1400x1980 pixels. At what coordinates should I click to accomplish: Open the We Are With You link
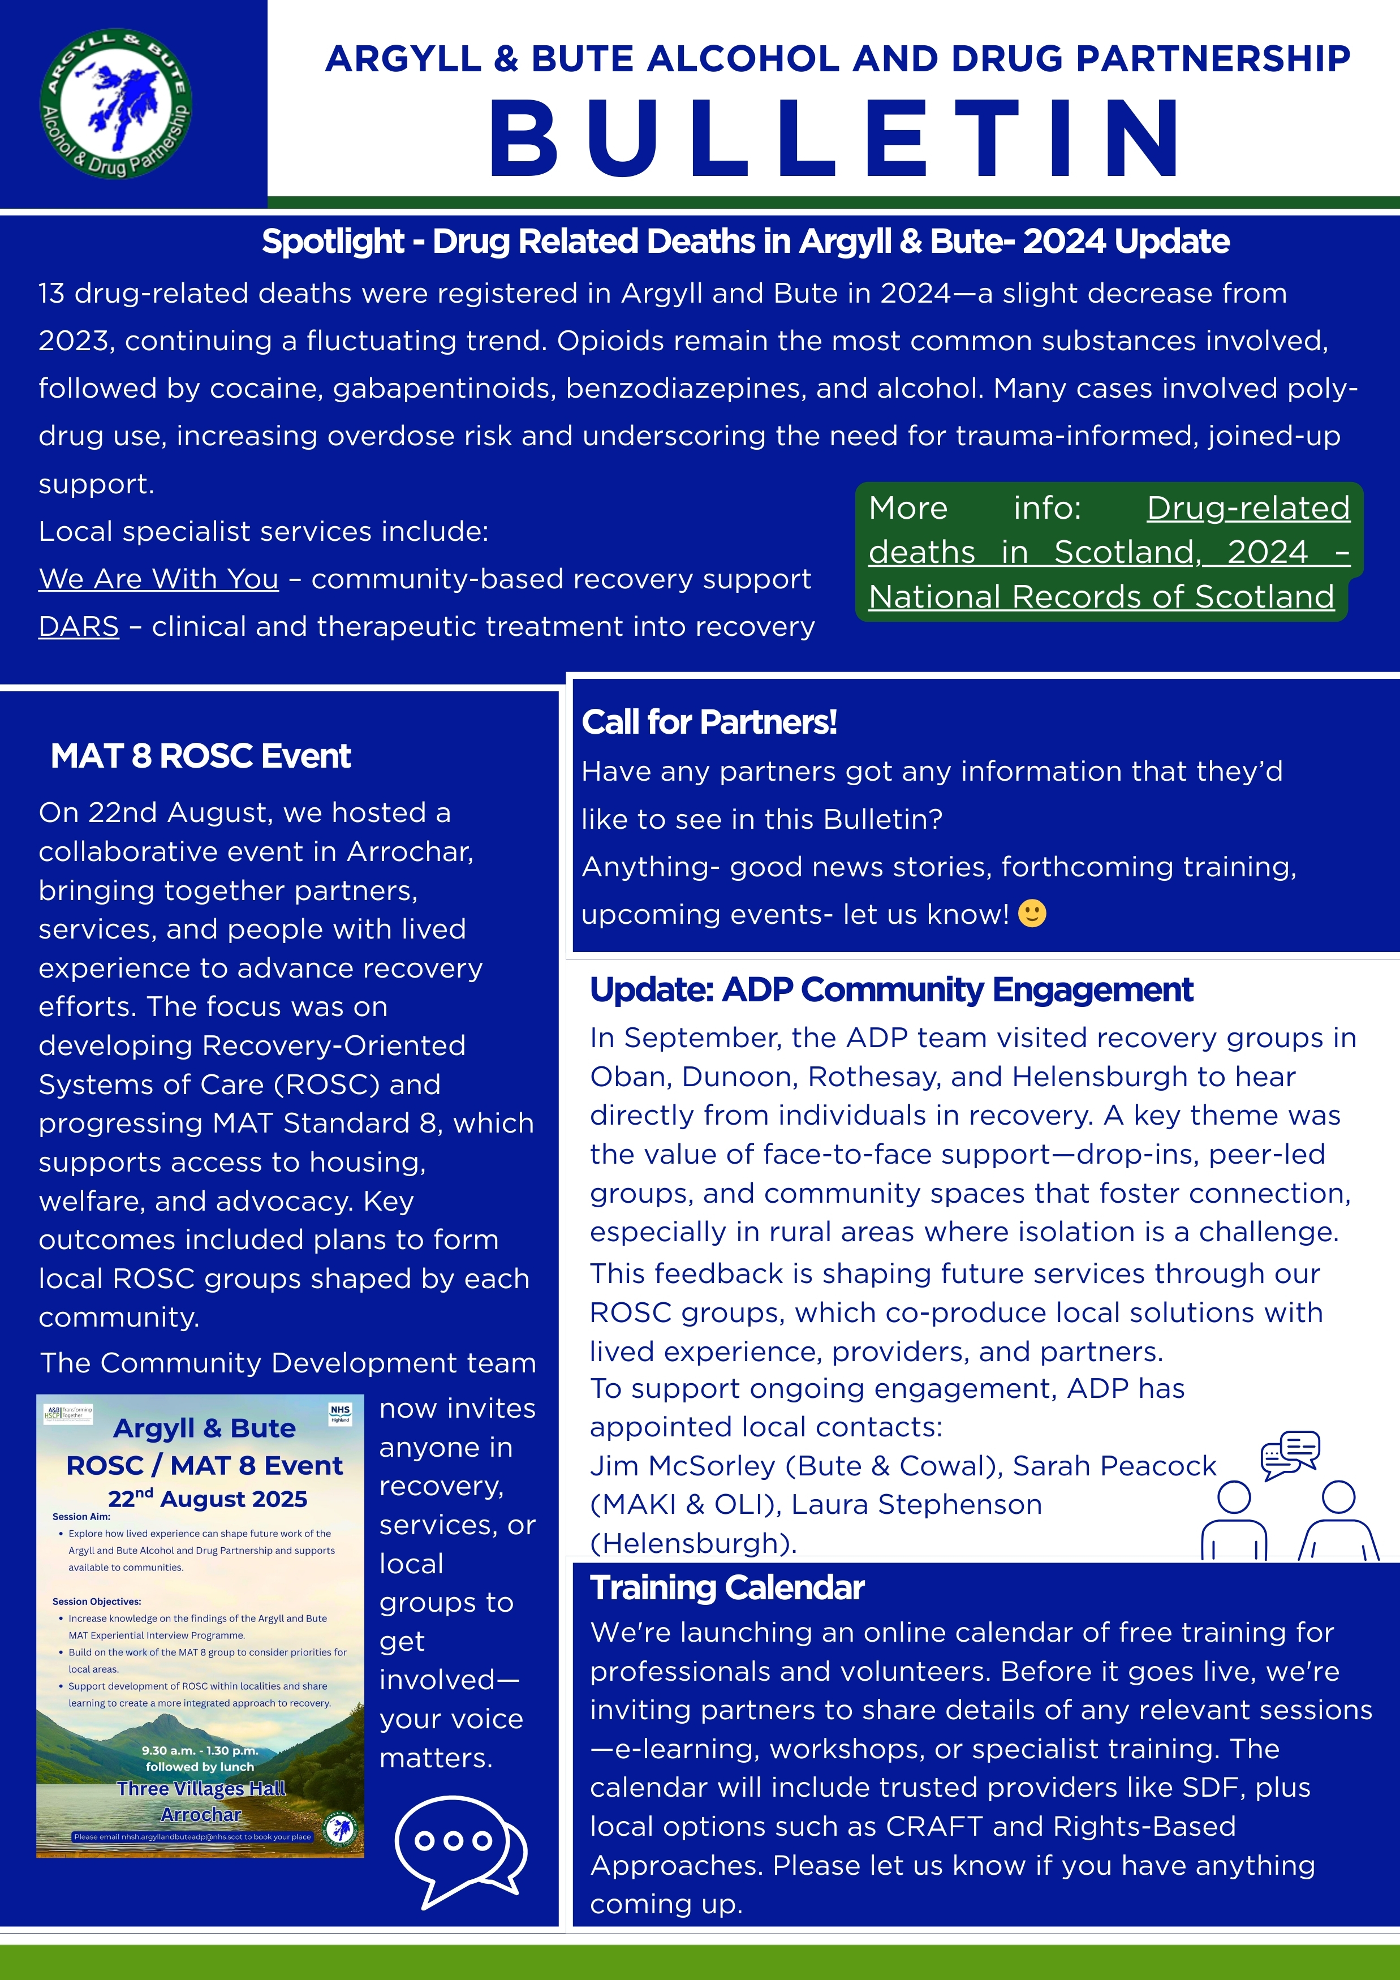pyautogui.click(x=158, y=579)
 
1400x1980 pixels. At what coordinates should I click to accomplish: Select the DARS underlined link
pyautogui.click(x=79, y=626)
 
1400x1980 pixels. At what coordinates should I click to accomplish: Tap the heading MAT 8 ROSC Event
pyautogui.click(x=200, y=756)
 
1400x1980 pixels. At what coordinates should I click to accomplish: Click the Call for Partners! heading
pyautogui.click(x=709, y=722)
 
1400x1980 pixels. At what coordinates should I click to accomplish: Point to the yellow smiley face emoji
pyautogui.click(x=1032, y=913)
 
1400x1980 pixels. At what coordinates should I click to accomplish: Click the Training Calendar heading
pyautogui.click(x=727, y=1587)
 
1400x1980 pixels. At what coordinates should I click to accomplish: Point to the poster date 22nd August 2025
pyautogui.click(x=207, y=1499)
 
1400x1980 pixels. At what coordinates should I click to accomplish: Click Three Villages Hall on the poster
pyautogui.click(x=201, y=1789)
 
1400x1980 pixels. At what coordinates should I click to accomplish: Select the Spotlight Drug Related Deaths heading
pyautogui.click(x=745, y=242)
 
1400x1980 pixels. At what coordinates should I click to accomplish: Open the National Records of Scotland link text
pyautogui.click(x=1101, y=597)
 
